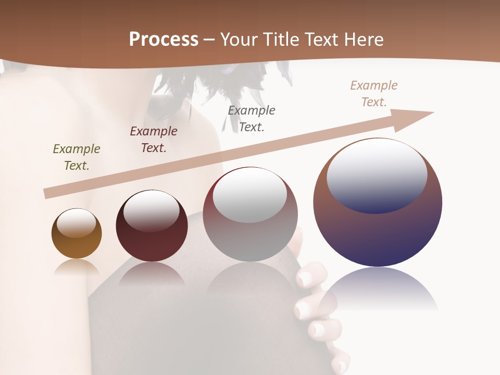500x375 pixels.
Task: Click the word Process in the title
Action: (x=164, y=40)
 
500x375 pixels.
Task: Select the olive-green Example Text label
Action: (x=77, y=157)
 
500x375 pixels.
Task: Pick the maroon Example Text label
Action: (x=154, y=140)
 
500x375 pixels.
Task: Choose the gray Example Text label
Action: (x=252, y=118)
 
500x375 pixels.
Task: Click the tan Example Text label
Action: (x=374, y=94)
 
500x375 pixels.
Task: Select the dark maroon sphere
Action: (x=152, y=245)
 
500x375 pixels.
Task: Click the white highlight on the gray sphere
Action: (x=250, y=194)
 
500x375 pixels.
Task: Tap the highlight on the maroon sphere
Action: (x=152, y=210)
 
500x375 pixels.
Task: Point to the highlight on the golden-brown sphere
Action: (x=77, y=223)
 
